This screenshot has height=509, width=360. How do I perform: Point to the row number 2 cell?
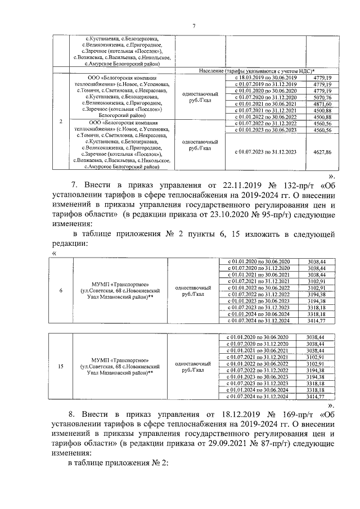pos(61,121)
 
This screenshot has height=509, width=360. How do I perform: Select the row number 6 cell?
pos(61,290)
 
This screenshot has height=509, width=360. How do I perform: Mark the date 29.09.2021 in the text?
pos(240,445)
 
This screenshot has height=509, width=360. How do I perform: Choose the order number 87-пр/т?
pos(286,445)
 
